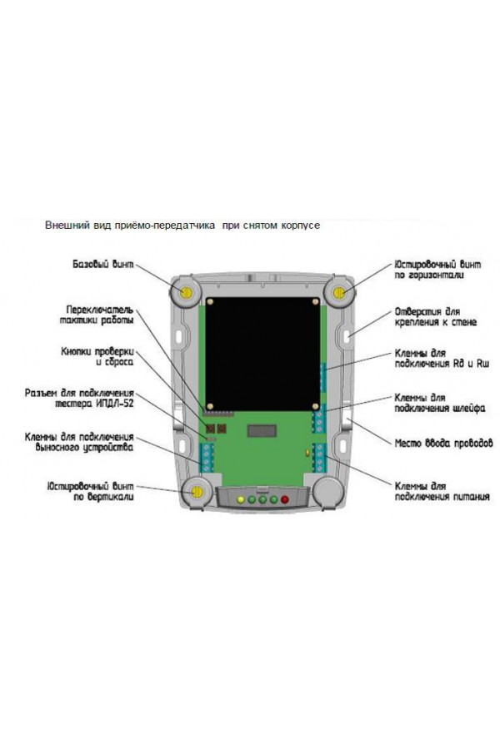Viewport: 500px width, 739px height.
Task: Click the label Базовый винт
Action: pyautogui.click(x=103, y=264)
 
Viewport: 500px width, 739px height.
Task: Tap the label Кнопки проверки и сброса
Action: pyautogui.click(x=97, y=357)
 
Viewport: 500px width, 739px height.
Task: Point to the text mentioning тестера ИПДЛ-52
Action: pyautogui.click(x=79, y=399)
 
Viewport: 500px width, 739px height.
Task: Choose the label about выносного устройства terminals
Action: pyautogui.click(x=79, y=442)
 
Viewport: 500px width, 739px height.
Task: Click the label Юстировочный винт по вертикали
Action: pyautogui.click(x=91, y=491)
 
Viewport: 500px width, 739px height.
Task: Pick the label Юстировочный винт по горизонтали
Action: pyautogui.click(x=437, y=270)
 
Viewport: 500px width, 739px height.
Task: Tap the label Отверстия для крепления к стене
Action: pyautogui.click(x=435, y=317)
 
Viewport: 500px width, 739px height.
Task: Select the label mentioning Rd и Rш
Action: pyautogui.click(x=442, y=359)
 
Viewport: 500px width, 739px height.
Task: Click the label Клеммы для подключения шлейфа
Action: pyautogui.click(x=439, y=403)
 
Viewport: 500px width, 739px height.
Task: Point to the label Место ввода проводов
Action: pyautogui.click(x=443, y=443)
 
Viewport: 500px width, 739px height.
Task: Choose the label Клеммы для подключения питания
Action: pyautogui.click(x=442, y=491)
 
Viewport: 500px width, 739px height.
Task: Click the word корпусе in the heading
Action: pyautogui.click(x=300, y=226)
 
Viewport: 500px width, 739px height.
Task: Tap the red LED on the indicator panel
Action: pyautogui.click(x=285, y=499)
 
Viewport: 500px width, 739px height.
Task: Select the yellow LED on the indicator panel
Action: pyautogui.click(x=241, y=499)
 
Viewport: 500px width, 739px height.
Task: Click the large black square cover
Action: pyautogui.click(x=262, y=354)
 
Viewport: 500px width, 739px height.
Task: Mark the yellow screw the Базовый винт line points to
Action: pyautogui.click(x=187, y=293)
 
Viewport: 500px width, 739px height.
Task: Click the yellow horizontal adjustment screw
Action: pyautogui.click(x=338, y=293)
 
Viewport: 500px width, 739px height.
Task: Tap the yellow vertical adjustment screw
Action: pyautogui.click(x=197, y=492)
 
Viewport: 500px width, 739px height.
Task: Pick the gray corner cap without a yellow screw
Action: pyautogui.click(x=328, y=492)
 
